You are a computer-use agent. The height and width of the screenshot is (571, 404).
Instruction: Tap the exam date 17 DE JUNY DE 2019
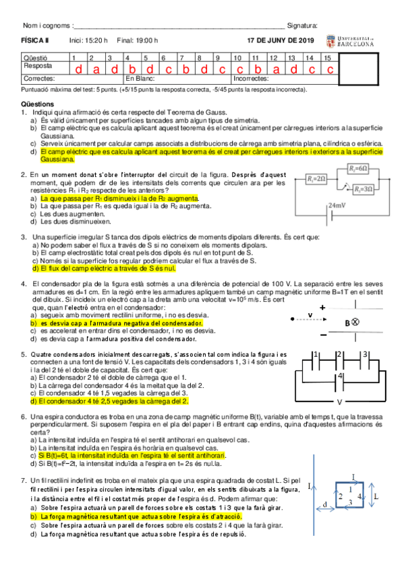click(281, 41)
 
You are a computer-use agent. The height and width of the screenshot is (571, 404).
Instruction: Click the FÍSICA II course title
click(31, 41)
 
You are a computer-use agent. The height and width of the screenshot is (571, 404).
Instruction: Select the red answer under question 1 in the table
click(78, 69)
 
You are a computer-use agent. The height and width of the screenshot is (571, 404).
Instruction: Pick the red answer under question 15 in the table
click(329, 69)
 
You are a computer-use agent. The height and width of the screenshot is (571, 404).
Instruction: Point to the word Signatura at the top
click(302, 26)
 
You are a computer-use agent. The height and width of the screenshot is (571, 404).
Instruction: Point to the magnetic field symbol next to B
click(355, 322)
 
